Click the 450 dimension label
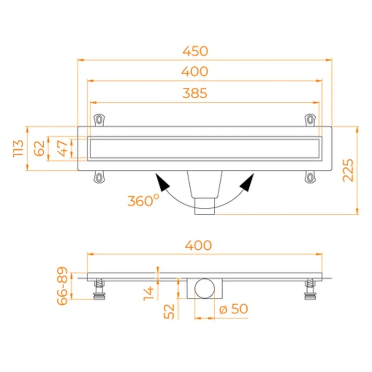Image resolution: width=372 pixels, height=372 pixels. tap(195, 51)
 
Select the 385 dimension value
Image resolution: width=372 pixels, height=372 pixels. tap(195, 93)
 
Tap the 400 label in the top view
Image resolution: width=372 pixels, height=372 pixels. tap(195, 72)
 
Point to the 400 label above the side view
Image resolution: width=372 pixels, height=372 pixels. tap(199, 246)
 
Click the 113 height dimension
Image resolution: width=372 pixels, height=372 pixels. tap(18, 148)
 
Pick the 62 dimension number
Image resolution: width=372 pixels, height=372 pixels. tap(40, 148)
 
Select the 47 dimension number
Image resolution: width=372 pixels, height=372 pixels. tap(63, 148)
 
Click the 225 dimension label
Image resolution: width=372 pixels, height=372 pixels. tap(348, 170)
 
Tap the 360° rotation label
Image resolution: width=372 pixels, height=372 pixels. tap(143, 200)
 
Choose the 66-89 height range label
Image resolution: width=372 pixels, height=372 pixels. tap(62, 286)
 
